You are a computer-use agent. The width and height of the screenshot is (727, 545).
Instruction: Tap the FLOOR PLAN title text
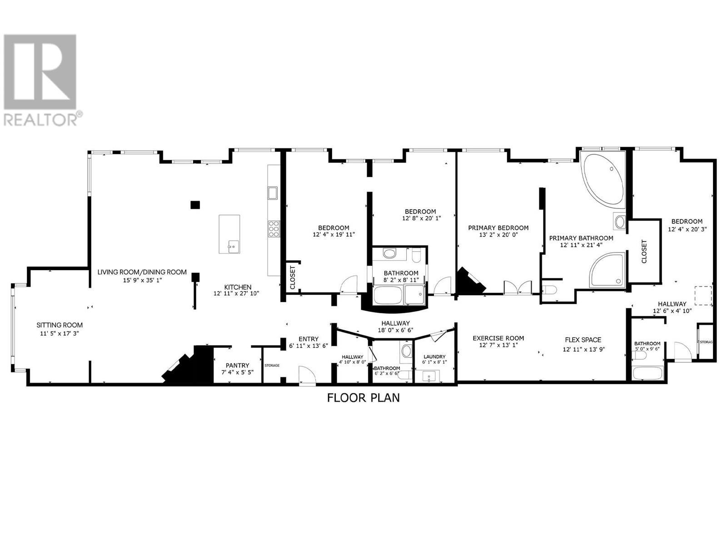click(363, 398)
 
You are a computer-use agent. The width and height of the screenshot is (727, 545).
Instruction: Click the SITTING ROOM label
click(60, 325)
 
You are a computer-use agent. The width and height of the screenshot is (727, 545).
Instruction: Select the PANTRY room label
click(237, 365)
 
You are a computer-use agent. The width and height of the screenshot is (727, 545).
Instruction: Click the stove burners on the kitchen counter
click(274, 229)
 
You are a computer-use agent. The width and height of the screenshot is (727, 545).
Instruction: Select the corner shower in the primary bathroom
click(607, 271)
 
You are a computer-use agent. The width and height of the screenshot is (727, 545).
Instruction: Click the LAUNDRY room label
click(434, 357)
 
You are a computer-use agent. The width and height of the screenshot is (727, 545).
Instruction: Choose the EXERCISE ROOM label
click(498, 338)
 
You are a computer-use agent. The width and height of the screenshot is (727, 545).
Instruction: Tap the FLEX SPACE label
click(583, 340)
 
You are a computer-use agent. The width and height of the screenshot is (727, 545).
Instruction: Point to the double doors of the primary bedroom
click(518, 288)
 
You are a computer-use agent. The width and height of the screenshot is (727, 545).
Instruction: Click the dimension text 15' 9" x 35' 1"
click(142, 280)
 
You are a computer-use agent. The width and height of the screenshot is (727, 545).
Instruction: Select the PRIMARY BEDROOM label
click(498, 228)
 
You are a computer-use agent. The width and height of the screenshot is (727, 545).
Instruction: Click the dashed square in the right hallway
click(703, 295)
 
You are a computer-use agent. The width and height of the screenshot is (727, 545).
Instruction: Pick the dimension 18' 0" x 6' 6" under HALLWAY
click(395, 330)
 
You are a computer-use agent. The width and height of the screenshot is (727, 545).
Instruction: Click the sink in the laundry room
click(429, 377)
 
